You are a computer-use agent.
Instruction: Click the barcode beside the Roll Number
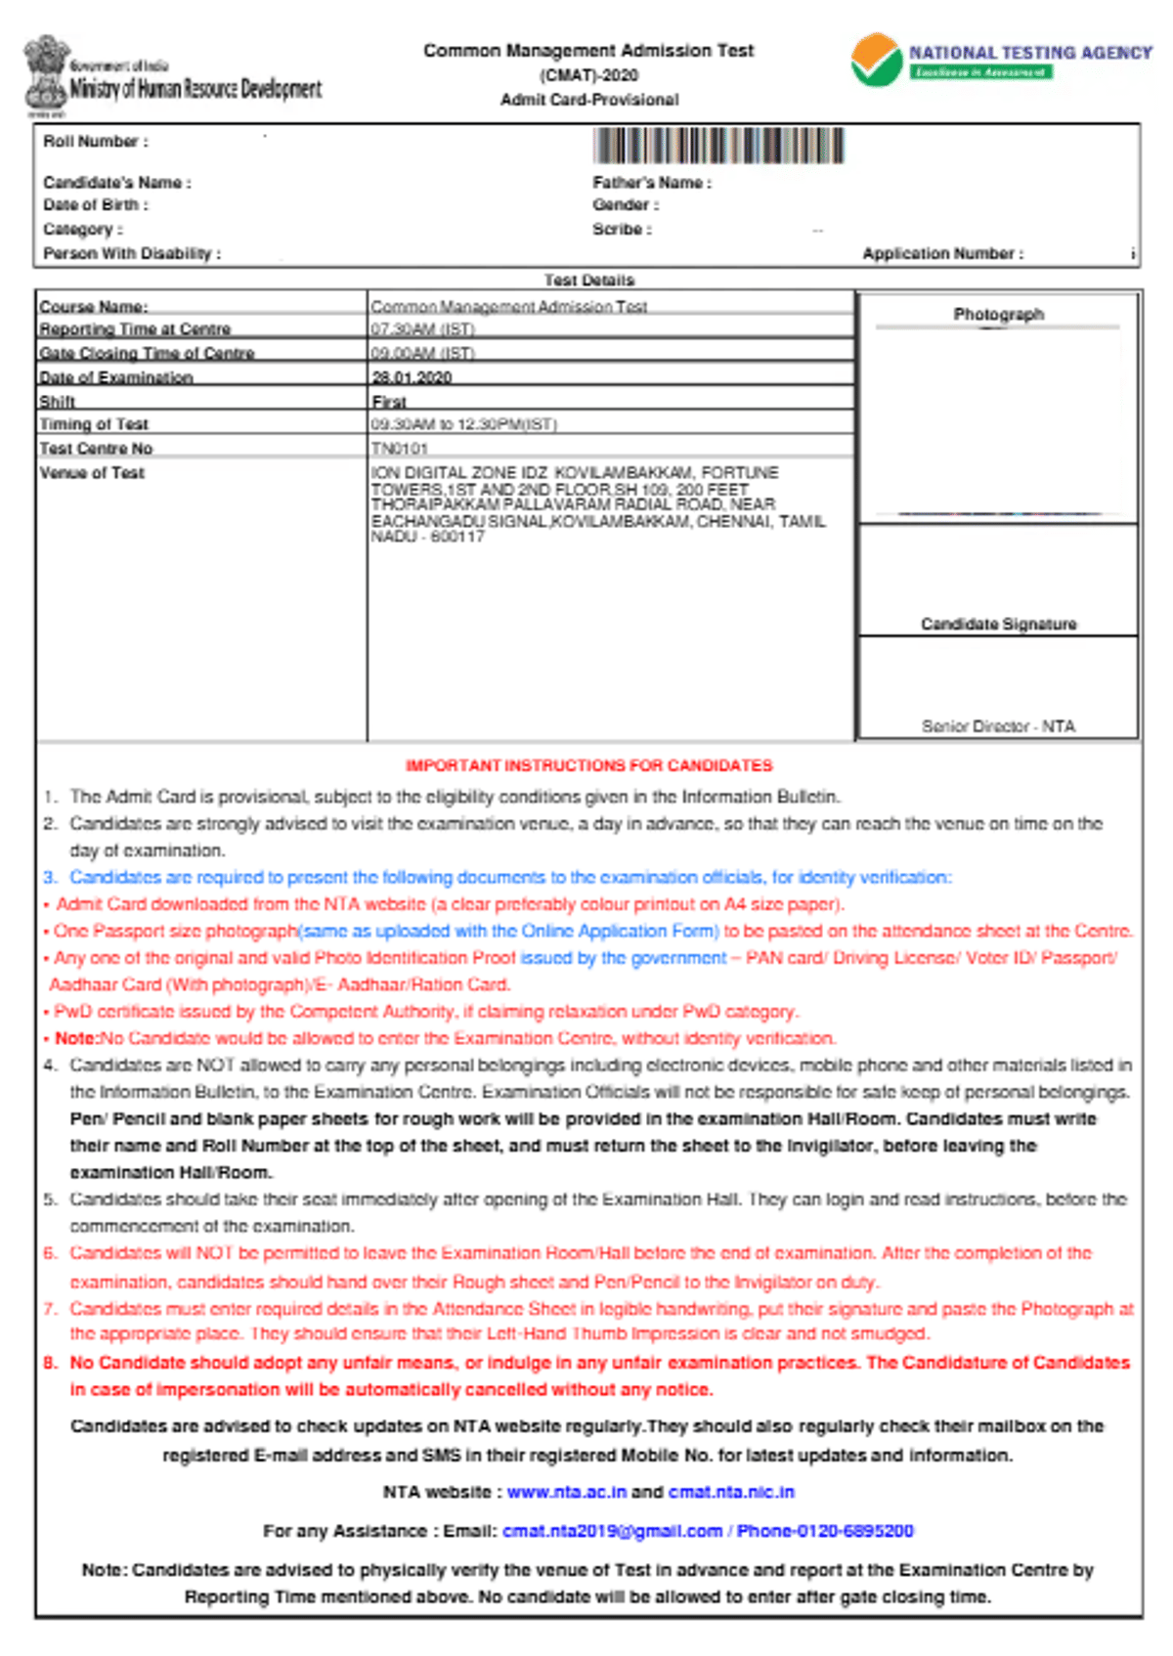click(718, 146)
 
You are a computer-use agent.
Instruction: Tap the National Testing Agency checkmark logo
click(876, 61)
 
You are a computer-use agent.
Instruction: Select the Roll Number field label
click(95, 142)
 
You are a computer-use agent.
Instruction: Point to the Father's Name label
click(651, 183)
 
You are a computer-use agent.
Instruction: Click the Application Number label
click(942, 254)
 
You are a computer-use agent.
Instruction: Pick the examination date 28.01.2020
click(412, 377)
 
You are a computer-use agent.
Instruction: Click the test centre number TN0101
click(399, 449)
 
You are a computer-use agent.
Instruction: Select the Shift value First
click(388, 402)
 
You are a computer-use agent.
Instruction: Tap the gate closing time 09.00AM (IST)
click(422, 353)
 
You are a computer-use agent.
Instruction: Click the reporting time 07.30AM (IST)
click(422, 329)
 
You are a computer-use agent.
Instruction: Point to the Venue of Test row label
click(92, 473)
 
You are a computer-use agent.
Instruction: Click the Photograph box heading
click(998, 314)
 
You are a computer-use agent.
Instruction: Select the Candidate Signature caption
click(998, 624)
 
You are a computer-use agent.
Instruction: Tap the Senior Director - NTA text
click(998, 726)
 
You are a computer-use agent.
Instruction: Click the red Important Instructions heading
click(588, 765)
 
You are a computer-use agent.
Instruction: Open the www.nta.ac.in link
click(566, 1492)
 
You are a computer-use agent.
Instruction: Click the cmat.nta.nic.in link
click(731, 1492)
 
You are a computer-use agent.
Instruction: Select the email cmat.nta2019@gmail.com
click(612, 1531)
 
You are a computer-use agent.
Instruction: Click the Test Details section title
click(588, 281)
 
